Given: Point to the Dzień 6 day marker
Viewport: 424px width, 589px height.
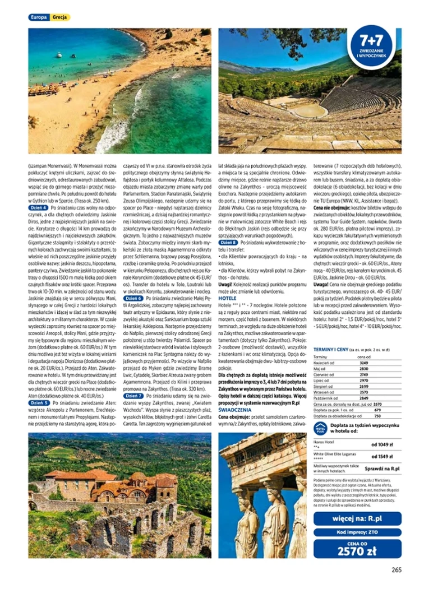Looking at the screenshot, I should coord(133,298).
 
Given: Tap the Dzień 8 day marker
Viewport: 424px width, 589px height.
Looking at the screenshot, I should coord(228,243).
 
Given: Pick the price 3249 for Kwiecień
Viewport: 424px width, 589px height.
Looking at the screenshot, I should coord(363,363).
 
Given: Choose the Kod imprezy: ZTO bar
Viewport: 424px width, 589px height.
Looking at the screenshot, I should coord(357,532).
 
